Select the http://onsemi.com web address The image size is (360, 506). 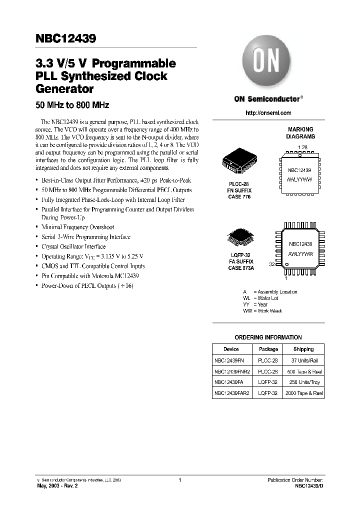268,113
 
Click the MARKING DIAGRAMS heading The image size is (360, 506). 300,132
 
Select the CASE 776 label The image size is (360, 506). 237,197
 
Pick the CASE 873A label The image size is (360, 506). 238,268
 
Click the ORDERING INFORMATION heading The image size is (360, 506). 268,337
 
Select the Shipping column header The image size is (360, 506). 303,349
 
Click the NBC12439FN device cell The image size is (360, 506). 229,360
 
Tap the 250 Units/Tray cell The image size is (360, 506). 303,382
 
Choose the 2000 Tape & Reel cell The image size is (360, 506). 303,393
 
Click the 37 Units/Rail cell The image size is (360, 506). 303,360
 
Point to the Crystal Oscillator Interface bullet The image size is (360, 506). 73,246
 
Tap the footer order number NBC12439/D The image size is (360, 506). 309,485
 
